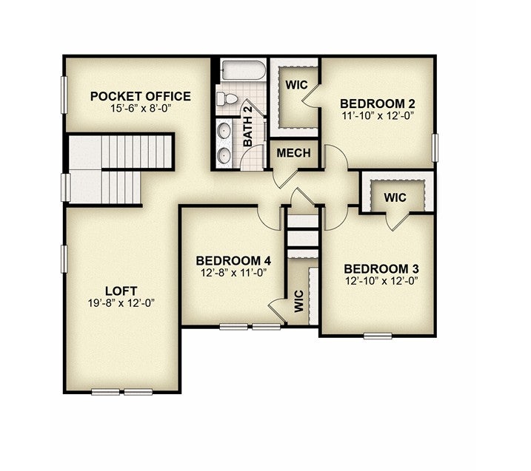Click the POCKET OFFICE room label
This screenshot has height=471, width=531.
140,96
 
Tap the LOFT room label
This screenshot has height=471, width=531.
121,291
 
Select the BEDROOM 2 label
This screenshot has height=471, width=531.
378,104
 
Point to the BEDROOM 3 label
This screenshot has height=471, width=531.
381,269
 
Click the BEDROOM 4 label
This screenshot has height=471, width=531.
233,261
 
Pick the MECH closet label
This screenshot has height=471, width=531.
293,153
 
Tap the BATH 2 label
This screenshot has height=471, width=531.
248,126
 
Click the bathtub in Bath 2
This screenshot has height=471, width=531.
242,70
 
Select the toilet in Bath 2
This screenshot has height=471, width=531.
227,99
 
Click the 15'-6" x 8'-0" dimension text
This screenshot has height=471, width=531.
140,109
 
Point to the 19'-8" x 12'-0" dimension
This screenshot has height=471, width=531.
121,303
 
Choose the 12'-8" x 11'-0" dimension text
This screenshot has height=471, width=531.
234,273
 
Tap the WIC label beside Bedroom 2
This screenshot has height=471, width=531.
296,85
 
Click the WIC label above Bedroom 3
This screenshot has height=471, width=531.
395,197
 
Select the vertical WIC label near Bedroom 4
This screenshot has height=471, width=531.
299,301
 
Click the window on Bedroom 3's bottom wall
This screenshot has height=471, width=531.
378,336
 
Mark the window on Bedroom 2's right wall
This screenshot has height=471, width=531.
435,148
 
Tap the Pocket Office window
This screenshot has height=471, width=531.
64,95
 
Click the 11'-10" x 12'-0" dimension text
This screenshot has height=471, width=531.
378,115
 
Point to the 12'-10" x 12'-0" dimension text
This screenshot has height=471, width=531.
381,281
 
